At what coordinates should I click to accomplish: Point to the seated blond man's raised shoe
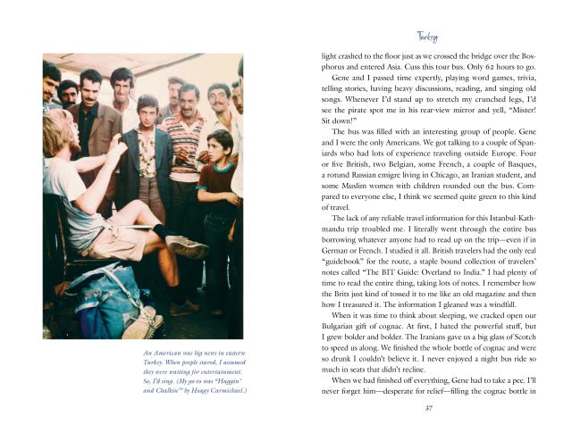tap(188, 247)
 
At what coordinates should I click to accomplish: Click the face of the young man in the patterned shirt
tap(147, 114)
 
